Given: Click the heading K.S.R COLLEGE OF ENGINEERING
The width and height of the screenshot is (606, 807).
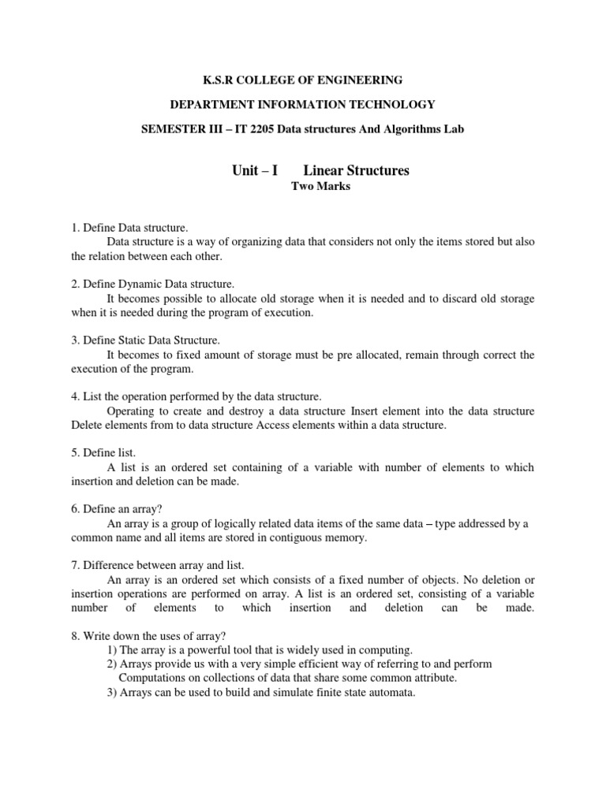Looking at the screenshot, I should pos(302,80).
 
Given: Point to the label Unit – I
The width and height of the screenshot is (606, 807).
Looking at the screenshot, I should pos(251,170).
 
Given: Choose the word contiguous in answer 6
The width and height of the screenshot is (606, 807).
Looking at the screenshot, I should pos(292,538).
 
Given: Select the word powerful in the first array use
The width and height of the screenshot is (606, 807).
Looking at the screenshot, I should pos(203,650).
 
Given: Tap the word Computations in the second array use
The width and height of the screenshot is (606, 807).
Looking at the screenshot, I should pos(154,679).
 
